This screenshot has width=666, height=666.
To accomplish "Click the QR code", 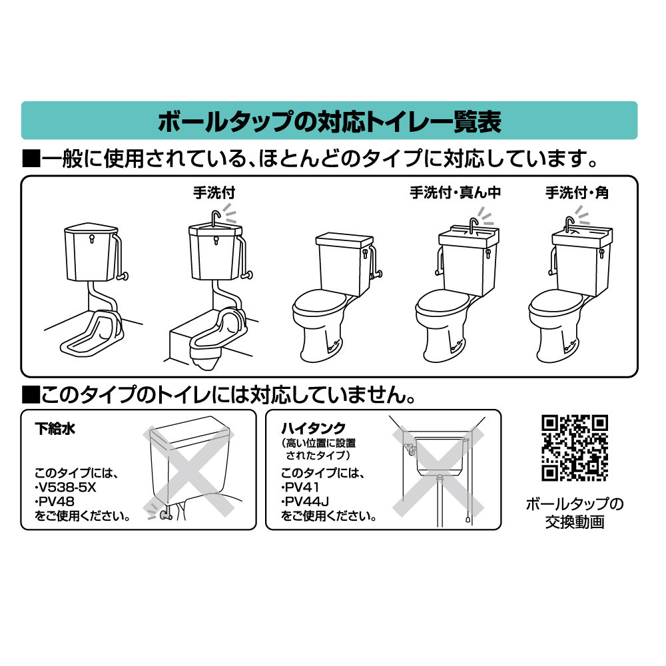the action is click(x=575, y=448).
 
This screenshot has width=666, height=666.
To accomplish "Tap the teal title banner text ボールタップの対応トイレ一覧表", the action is click(x=329, y=121).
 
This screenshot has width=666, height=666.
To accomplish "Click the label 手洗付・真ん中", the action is click(x=456, y=193).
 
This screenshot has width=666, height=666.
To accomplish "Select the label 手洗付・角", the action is click(x=577, y=193).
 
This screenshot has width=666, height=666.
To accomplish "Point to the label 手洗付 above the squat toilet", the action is click(x=214, y=193).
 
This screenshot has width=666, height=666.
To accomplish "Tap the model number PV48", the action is click(x=56, y=501).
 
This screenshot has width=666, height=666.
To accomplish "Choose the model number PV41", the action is click(x=300, y=488).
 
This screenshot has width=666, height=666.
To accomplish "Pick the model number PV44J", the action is click(x=305, y=501).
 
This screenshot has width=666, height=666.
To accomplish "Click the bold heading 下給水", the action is click(x=55, y=428).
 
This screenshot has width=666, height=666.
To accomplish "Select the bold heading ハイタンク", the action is click(x=313, y=428).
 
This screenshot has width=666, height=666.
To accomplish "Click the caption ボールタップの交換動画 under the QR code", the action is click(x=575, y=513).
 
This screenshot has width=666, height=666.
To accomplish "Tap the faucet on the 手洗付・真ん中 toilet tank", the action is click(x=473, y=224).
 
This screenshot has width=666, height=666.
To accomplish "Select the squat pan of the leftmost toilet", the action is click(x=93, y=334).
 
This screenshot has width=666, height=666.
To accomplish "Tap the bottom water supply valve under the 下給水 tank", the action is click(x=165, y=515).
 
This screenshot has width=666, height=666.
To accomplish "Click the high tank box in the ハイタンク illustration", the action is click(x=438, y=456).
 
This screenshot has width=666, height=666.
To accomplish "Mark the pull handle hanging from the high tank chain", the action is click(x=468, y=519).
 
